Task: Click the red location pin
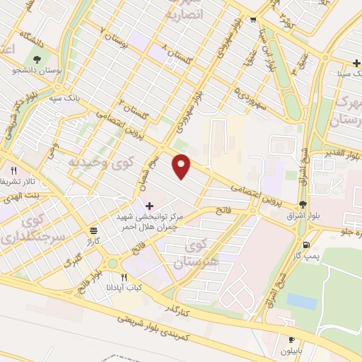(182, 166)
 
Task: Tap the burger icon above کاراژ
(93, 231)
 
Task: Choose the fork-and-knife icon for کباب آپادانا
(124, 277)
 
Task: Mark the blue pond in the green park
(302, 301)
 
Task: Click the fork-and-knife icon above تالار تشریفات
(13, 170)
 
